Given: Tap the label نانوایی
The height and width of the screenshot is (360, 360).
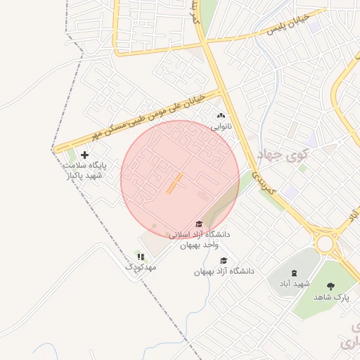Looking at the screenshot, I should [x=221, y=127].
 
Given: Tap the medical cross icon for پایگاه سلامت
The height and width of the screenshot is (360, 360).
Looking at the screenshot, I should [x=85, y=155].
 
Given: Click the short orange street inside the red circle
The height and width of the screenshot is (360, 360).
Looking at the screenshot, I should [x=174, y=183].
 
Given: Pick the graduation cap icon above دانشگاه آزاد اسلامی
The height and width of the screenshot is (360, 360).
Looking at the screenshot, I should [x=199, y=224].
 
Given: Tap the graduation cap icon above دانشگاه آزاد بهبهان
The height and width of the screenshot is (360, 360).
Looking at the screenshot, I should [x=224, y=261].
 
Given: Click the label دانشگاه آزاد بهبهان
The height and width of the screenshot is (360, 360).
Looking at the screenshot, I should [x=224, y=271].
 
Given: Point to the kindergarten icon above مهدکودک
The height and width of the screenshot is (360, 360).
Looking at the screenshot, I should [x=141, y=257].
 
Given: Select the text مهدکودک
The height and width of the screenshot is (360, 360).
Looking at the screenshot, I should [x=141, y=267].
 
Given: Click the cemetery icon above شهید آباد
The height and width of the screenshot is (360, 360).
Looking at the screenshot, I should [x=293, y=273].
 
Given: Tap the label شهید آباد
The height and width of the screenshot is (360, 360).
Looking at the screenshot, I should [x=294, y=283].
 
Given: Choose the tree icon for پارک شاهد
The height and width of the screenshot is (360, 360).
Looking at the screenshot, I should [x=331, y=286].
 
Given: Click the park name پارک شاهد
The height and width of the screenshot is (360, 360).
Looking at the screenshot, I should [x=331, y=297].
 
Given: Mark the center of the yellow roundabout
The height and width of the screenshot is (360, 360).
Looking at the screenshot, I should [x=325, y=243].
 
